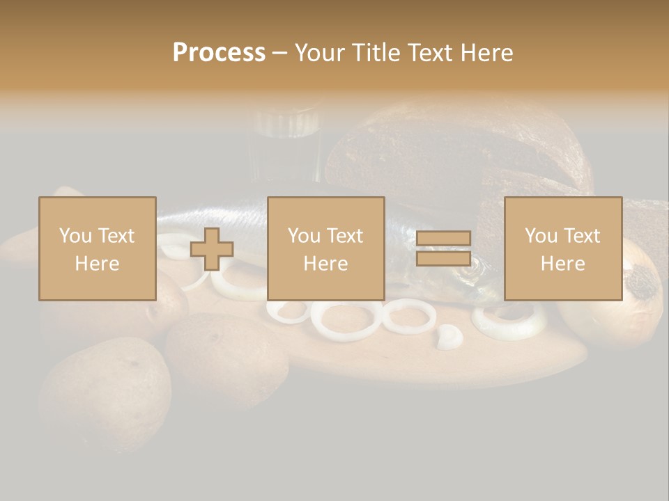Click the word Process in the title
point(219,52)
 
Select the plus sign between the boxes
point(212,249)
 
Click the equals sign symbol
point(443,248)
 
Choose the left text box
point(98,248)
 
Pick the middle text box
point(326,248)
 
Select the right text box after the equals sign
point(563,248)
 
